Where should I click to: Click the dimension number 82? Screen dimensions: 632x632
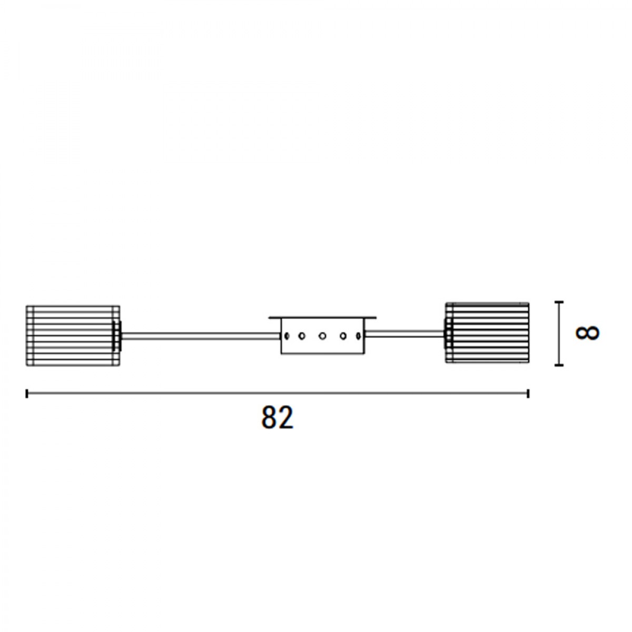(x=277, y=418)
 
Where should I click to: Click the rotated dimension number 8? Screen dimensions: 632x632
(x=587, y=333)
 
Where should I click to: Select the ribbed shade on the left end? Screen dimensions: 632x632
(x=73, y=336)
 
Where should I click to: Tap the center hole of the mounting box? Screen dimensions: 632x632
(x=322, y=336)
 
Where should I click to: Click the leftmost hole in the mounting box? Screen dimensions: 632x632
(x=287, y=336)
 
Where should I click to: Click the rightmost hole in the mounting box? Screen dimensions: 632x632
(x=358, y=336)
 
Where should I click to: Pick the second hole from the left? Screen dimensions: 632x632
(x=302, y=336)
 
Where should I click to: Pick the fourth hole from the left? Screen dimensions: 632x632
(x=343, y=336)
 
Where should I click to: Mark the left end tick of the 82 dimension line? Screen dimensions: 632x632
(x=26, y=393)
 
